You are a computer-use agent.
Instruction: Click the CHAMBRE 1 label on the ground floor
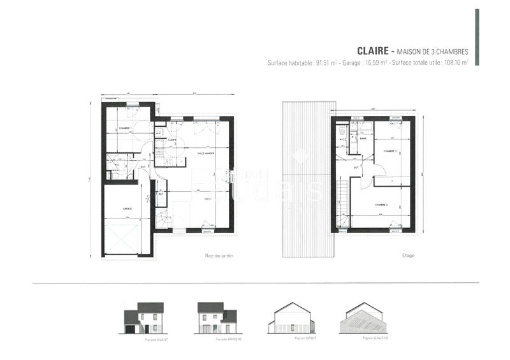point(125,129)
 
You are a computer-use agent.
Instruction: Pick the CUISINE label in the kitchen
point(172,140)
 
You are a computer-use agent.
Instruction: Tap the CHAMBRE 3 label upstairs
point(390,151)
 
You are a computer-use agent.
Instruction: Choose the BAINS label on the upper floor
point(363,138)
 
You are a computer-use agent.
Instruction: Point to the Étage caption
point(408,256)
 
